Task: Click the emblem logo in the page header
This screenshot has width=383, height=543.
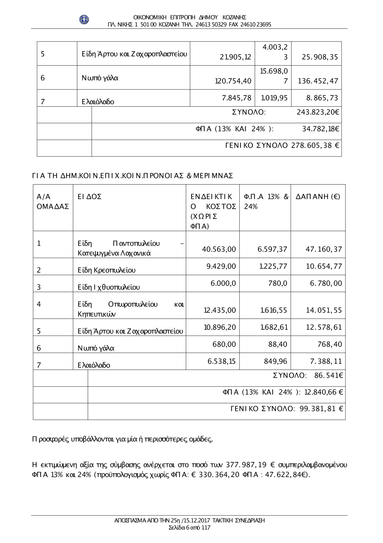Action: [84, 19]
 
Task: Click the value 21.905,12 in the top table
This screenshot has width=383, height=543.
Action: [236, 58]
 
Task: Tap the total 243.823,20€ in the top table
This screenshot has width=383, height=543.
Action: [318, 112]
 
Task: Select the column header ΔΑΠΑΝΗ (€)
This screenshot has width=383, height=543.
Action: [318, 197]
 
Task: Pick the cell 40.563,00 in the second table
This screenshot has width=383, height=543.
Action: [219, 249]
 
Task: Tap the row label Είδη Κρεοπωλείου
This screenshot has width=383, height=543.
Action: [106, 270]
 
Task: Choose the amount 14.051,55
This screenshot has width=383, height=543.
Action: [324, 310]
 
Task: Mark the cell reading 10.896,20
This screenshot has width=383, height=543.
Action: [220, 327]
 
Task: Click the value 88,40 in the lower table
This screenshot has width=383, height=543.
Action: [278, 345]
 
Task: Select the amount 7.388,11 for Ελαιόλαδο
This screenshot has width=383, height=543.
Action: [324, 361]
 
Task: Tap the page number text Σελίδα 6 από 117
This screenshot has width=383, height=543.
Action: [190, 528]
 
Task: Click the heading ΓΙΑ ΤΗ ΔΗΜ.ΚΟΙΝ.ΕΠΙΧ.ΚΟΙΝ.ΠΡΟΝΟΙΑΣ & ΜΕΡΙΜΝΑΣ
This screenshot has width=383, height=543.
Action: [133, 176]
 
